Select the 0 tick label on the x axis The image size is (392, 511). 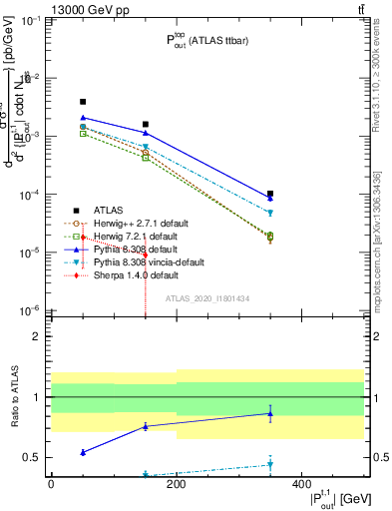[x=51, y=484]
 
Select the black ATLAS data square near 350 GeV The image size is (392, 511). [x=270, y=194]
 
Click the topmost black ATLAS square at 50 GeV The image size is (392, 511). [x=83, y=102]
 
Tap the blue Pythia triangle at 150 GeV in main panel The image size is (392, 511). [x=146, y=133]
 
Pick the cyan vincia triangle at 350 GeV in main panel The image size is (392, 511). [x=270, y=213]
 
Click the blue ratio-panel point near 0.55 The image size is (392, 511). [x=83, y=452]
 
